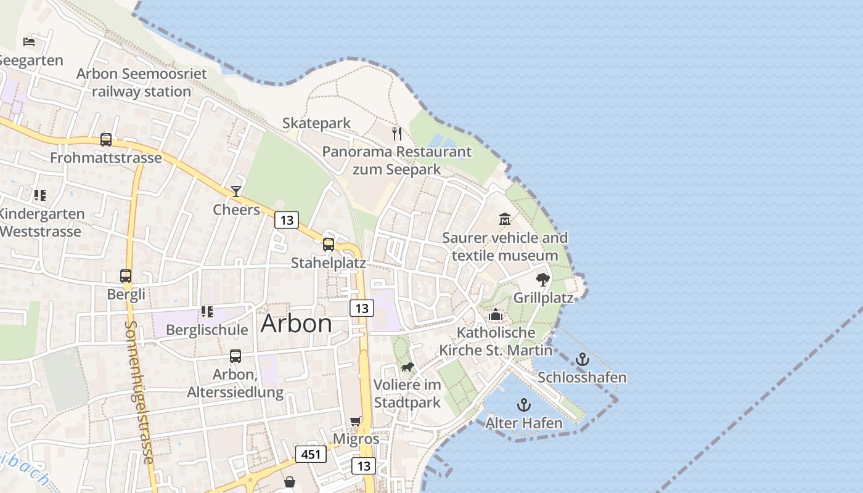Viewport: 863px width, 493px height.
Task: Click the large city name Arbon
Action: click(x=296, y=324)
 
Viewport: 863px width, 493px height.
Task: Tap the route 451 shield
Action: click(x=311, y=454)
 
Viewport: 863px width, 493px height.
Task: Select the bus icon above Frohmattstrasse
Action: click(x=106, y=140)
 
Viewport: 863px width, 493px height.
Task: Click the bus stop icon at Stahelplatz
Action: click(x=329, y=245)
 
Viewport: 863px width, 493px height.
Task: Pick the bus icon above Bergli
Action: click(x=126, y=275)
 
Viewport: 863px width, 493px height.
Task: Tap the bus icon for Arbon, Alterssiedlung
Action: click(x=235, y=356)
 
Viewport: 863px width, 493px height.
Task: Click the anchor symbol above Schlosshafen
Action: click(x=583, y=359)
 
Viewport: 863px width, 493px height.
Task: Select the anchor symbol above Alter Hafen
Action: click(x=523, y=405)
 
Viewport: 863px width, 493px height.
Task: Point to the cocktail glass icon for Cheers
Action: click(x=236, y=191)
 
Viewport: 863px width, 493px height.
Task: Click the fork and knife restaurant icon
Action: click(x=397, y=133)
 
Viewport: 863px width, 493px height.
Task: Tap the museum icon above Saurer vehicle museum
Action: click(x=505, y=219)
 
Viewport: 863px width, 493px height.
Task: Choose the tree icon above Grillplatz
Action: click(x=542, y=280)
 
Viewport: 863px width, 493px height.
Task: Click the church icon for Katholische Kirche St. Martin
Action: click(x=496, y=315)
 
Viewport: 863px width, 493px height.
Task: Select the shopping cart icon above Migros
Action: click(x=356, y=422)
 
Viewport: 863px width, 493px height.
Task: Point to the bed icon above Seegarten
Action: click(x=29, y=42)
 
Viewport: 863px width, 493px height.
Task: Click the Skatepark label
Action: click(x=316, y=123)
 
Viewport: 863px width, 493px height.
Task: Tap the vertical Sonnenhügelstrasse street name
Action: click(x=139, y=392)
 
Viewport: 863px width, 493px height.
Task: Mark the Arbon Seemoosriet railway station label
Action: click(x=141, y=83)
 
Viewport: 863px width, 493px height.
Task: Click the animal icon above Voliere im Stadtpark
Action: click(x=407, y=367)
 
